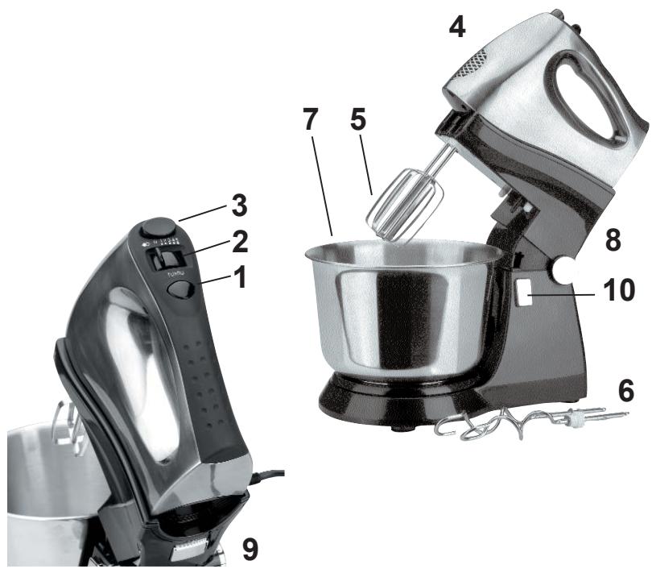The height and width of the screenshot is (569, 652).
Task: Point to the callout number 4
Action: (456, 29)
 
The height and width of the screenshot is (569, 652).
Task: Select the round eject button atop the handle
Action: (162, 226)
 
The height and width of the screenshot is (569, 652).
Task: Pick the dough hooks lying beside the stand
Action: (523, 423)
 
